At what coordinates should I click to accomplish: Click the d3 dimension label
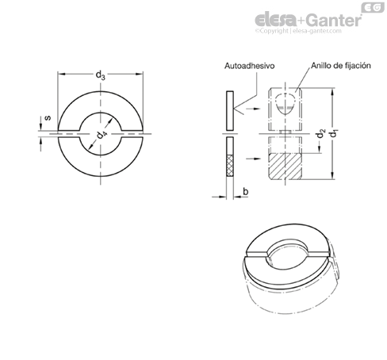click(100, 75)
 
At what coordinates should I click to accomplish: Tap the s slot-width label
click(48, 117)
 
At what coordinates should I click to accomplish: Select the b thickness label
click(246, 191)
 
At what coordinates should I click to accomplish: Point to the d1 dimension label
click(335, 132)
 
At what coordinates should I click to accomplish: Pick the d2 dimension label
click(320, 133)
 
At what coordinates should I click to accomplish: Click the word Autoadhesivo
click(249, 66)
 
